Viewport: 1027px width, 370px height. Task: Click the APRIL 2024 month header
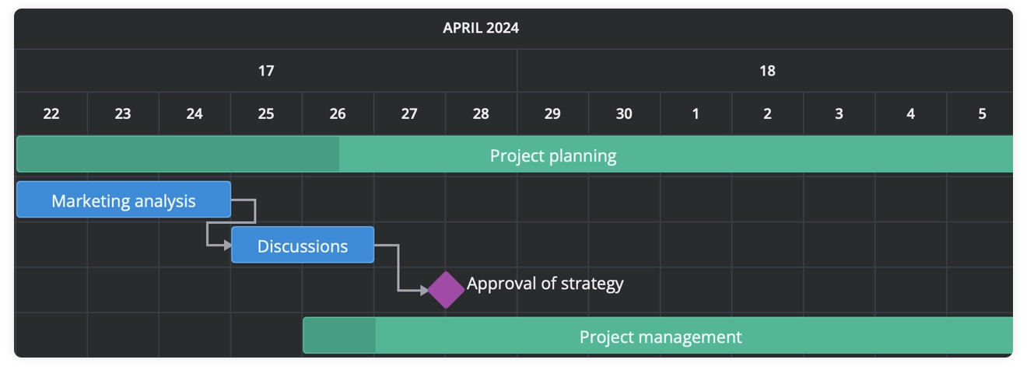pyautogui.click(x=481, y=29)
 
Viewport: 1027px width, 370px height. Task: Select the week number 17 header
pyautogui.click(x=266, y=71)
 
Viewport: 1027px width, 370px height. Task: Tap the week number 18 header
pyautogui.click(x=767, y=71)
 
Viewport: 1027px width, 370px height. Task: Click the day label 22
pyautogui.click(x=51, y=113)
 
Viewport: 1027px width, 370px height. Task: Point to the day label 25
pyautogui.click(x=266, y=113)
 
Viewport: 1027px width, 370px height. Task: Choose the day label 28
pyautogui.click(x=481, y=113)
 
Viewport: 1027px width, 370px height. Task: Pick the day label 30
pyautogui.click(x=624, y=113)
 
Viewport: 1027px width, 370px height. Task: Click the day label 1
pyautogui.click(x=696, y=113)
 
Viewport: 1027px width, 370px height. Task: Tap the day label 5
pyautogui.click(x=982, y=113)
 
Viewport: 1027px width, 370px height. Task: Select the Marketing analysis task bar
pyautogui.click(x=124, y=200)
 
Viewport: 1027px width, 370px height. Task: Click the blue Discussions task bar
pyautogui.click(x=303, y=245)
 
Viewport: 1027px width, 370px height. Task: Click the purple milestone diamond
pyautogui.click(x=446, y=290)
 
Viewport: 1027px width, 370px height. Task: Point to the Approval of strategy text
pyautogui.click(x=545, y=284)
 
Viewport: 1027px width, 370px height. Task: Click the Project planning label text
pyautogui.click(x=552, y=155)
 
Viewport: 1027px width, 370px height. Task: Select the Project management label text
pyautogui.click(x=661, y=337)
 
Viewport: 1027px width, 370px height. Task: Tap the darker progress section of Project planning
pyautogui.click(x=177, y=154)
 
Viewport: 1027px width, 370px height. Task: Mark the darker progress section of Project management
pyautogui.click(x=339, y=336)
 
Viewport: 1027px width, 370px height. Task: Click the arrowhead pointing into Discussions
pyautogui.click(x=227, y=246)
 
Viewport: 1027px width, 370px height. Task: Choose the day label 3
pyautogui.click(x=839, y=113)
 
